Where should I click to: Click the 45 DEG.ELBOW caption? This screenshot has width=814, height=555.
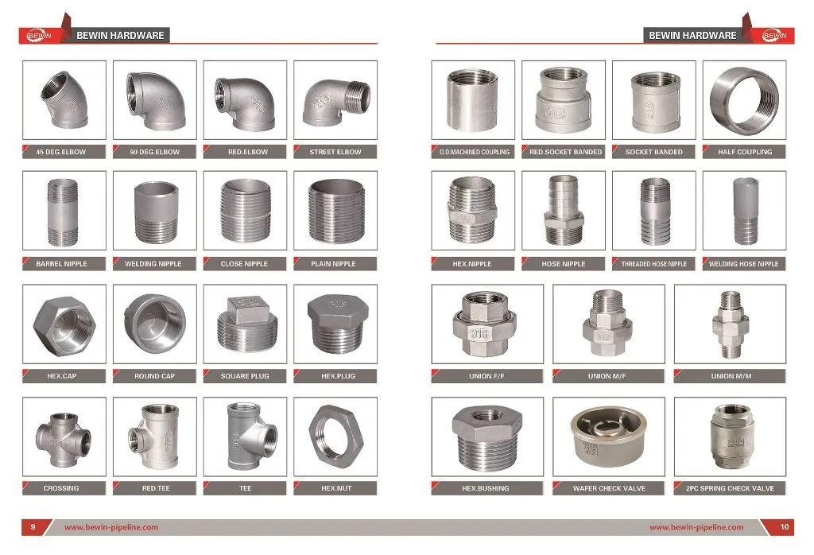click(61, 152)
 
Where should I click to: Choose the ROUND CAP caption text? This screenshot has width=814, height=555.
click(154, 376)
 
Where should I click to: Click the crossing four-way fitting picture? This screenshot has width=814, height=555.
click(60, 437)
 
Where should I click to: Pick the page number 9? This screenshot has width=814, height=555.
click(33, 527)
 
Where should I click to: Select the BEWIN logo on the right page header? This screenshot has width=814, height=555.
click(773, 35)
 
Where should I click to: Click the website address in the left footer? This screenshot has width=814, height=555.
click(111, 527)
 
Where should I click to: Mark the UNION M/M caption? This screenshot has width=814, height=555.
click(729, 376)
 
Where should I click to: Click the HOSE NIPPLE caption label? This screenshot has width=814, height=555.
click(563, 264)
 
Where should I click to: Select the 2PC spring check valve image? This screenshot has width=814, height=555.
click(729, 437)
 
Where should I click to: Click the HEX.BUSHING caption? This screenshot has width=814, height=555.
click(486, 488)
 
